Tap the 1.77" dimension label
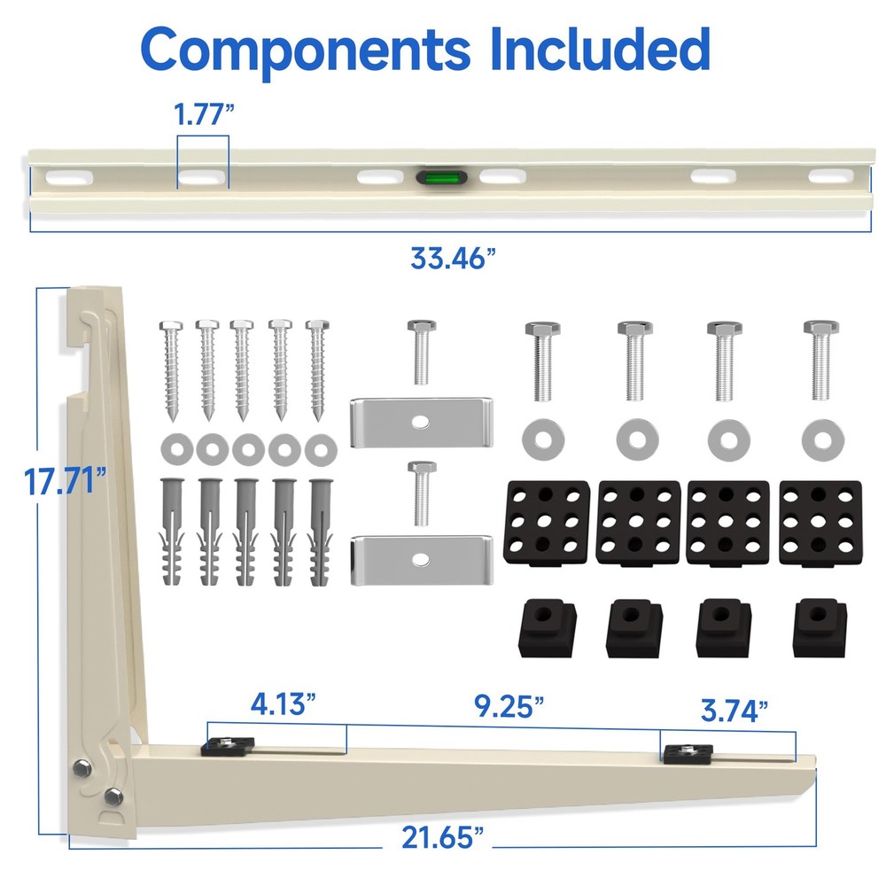[203, 114]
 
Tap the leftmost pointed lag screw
[171, 369]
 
